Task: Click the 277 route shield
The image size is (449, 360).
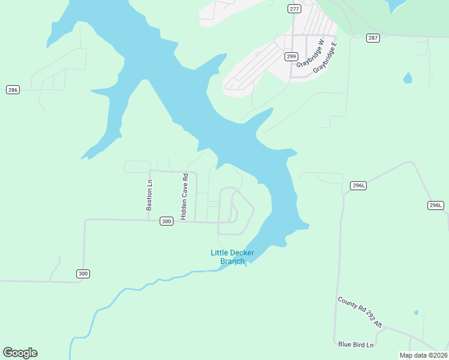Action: pos(294,8)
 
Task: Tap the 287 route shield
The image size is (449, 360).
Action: pos(373,38)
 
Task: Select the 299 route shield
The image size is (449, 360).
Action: pos(291,56)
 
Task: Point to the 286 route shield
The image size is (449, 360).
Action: pos(13,89)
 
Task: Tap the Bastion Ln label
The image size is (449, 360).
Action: pos(149,196)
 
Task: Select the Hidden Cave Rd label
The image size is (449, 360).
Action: pos(185,193)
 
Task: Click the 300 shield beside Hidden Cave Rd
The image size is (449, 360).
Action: pos(167,221)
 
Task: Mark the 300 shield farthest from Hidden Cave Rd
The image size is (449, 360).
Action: pos(83,274)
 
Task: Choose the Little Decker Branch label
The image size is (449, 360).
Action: pos(232,257)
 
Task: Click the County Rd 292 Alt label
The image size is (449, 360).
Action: pos(360,311)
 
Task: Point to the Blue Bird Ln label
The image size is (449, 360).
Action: pos(356,344)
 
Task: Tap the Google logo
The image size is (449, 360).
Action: pos(20,353)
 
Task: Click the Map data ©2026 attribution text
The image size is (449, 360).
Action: pos(423,355)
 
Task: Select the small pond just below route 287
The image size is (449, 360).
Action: pos(408,78)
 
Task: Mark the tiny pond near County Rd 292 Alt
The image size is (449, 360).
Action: pos(415,313)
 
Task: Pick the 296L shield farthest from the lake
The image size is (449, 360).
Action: pos(436,206)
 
